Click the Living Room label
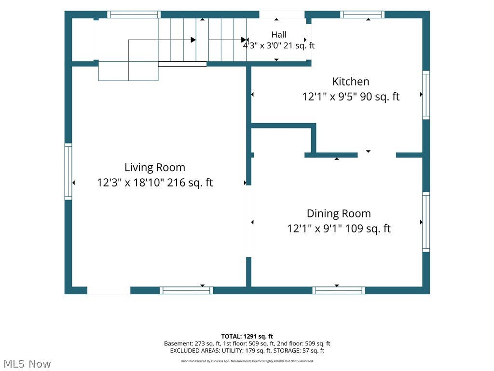[x=155, y=168]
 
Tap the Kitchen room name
[x=351, y=81]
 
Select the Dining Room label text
[x=339, y=214]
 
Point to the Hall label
[x=279, y=34]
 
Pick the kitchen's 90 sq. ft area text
[x=380, y=97]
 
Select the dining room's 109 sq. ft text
[x=368, y=228]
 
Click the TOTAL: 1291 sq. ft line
[x=247, y=336]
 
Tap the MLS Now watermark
[x=27, y=364]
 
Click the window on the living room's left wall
[x=68, y=171]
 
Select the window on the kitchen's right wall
[x=426, y=95]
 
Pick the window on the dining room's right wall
[x=426, y=222]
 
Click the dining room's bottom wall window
[x=339, y=290]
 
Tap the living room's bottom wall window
[x=186, y=290]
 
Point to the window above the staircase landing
[x=134, y=14]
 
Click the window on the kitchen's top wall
[x=362, y=14]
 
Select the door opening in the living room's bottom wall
[x=109, y=290]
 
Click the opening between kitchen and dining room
[x=377, y=155]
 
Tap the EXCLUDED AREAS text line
[x=247, y=351]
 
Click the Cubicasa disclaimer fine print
[x=247, y=361]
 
